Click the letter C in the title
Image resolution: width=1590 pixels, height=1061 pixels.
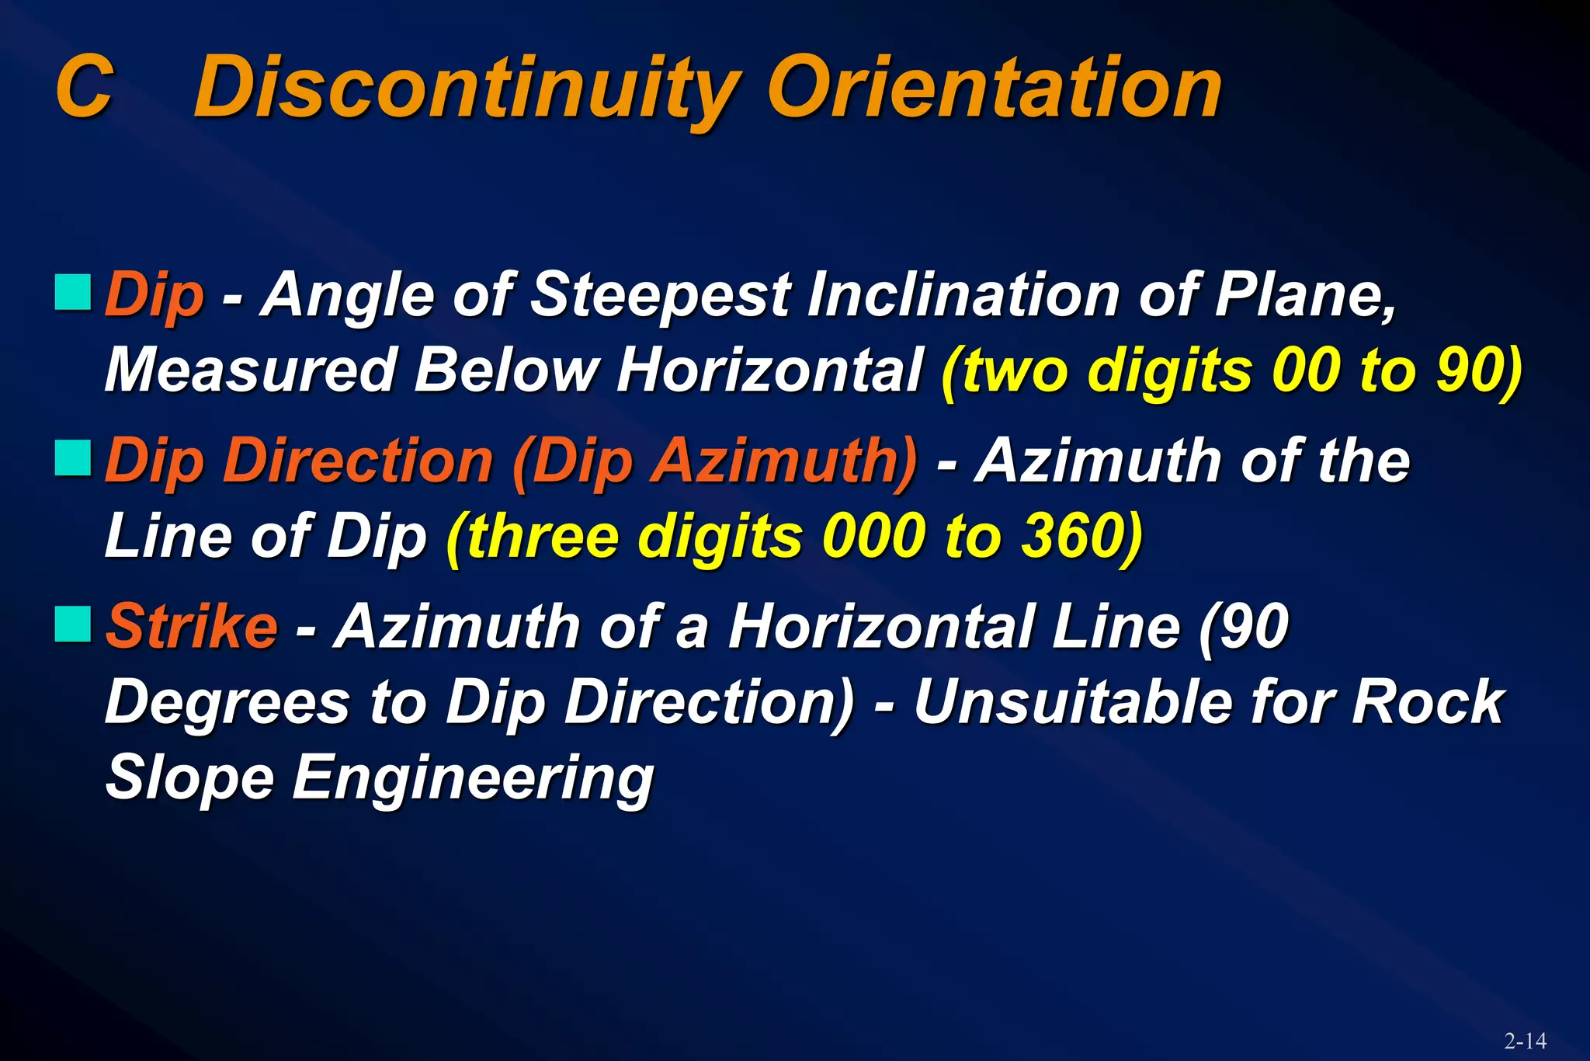click(x=85, y=87)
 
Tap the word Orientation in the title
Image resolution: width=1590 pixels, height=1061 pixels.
click(x=994, y=87)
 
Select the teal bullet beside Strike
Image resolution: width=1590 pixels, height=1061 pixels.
click(x=73, y=624)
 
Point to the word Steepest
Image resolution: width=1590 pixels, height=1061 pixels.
click(x=660, y=295)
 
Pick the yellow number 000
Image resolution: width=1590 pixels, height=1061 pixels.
click(x=873, y=536)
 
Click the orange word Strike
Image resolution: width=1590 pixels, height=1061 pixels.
click(x=191, y=626)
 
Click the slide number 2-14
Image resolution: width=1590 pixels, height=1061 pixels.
click(x=1525, y=1041)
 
